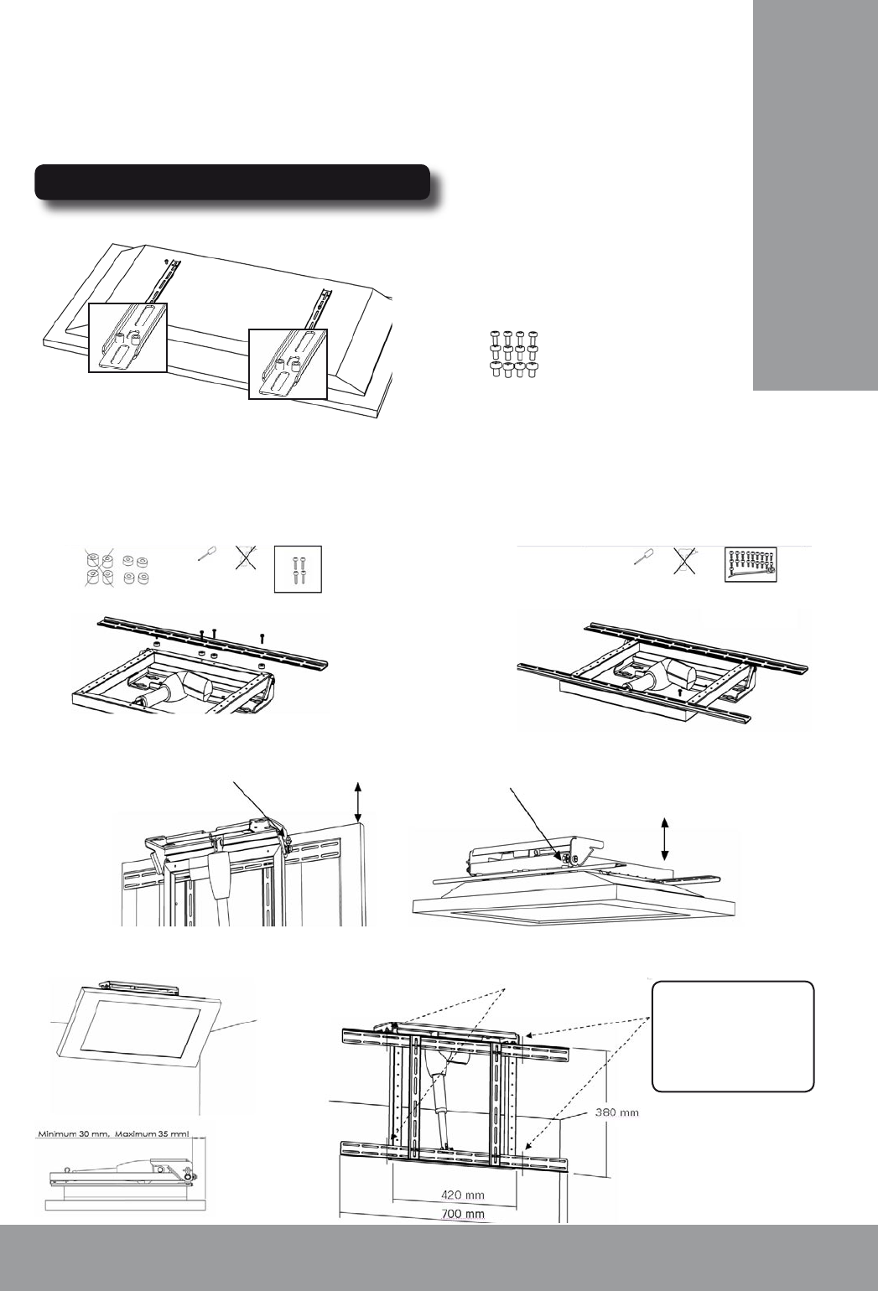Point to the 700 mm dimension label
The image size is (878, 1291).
pyautogui.click(x=462, y=1215)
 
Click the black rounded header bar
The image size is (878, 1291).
pyautogui.click(x=232, y=182)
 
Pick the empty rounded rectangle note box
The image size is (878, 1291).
pyautogui.click(x=733, y=1036)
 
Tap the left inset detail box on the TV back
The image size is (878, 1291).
pyautogui.click(x=127, y=338)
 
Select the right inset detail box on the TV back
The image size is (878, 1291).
pyautogui.click(x=288, y=364)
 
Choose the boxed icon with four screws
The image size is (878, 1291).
pyautogui.click(x=298, y=569)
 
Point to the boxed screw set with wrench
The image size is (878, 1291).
pyautogui.click(x=751, y=564)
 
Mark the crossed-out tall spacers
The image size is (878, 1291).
pyautogui.click(x=99, y=568)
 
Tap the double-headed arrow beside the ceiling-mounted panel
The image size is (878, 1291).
pyautogui.click(x=665, y=839)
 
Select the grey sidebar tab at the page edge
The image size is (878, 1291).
pyautogui.click(x=815, y=196)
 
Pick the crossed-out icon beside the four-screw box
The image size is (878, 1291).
pyautogui.click(x=246, y=558)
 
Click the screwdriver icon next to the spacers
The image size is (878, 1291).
pyautogui.click(x=207, y=554)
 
